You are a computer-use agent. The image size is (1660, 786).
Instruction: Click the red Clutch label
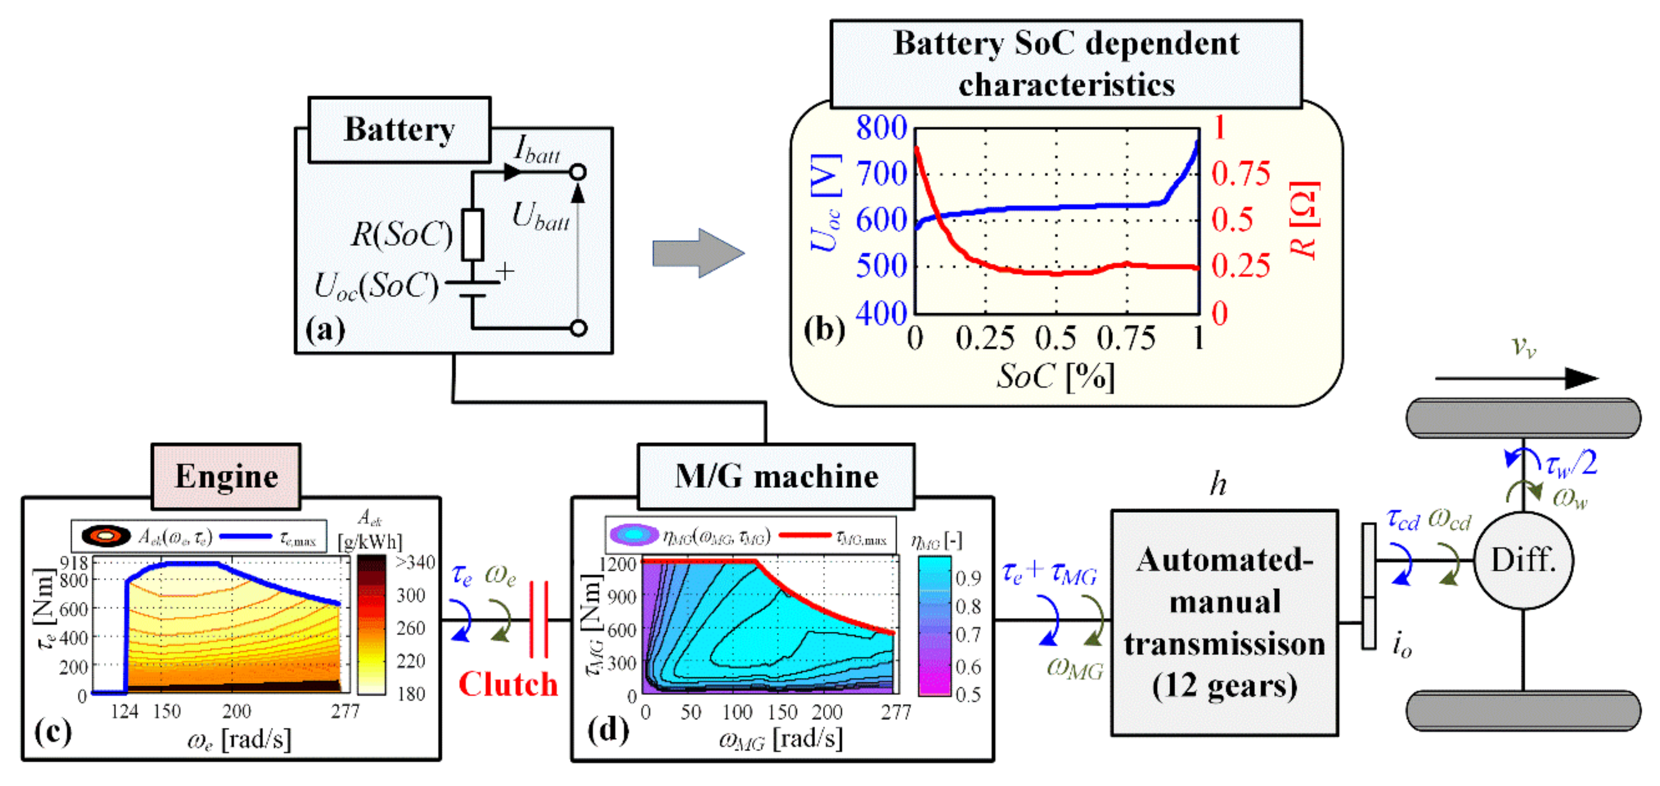click(508, 684)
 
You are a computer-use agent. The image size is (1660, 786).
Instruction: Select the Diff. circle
click(1524, 560)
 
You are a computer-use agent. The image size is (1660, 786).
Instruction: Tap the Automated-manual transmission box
click(1224, 622)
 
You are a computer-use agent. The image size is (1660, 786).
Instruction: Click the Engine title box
click(226, 476)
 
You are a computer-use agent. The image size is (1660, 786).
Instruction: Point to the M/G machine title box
click(776, 476)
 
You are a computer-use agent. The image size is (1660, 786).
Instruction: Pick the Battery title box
click(400, 130)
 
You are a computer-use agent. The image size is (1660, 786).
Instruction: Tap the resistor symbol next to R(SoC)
click(473, 235)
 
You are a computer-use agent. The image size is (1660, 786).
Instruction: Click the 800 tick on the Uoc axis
click(881, 128)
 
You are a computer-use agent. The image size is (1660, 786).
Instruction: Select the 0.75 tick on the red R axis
click(1240, 174)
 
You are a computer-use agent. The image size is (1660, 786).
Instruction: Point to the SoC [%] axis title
click(1055, 376)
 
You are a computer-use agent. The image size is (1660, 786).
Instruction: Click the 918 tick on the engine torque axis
click(74, 563)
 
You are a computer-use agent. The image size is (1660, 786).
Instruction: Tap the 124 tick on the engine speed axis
click(124, 712)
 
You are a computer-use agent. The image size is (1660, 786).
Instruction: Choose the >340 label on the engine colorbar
click(415, 562)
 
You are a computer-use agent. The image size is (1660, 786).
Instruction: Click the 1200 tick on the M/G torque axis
click(618, 564)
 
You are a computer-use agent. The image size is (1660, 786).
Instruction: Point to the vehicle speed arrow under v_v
click(1516, 378)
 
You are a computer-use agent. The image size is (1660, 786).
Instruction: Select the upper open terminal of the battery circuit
click(579, 172)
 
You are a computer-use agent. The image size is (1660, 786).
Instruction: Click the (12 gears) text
click(1224, 685)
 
